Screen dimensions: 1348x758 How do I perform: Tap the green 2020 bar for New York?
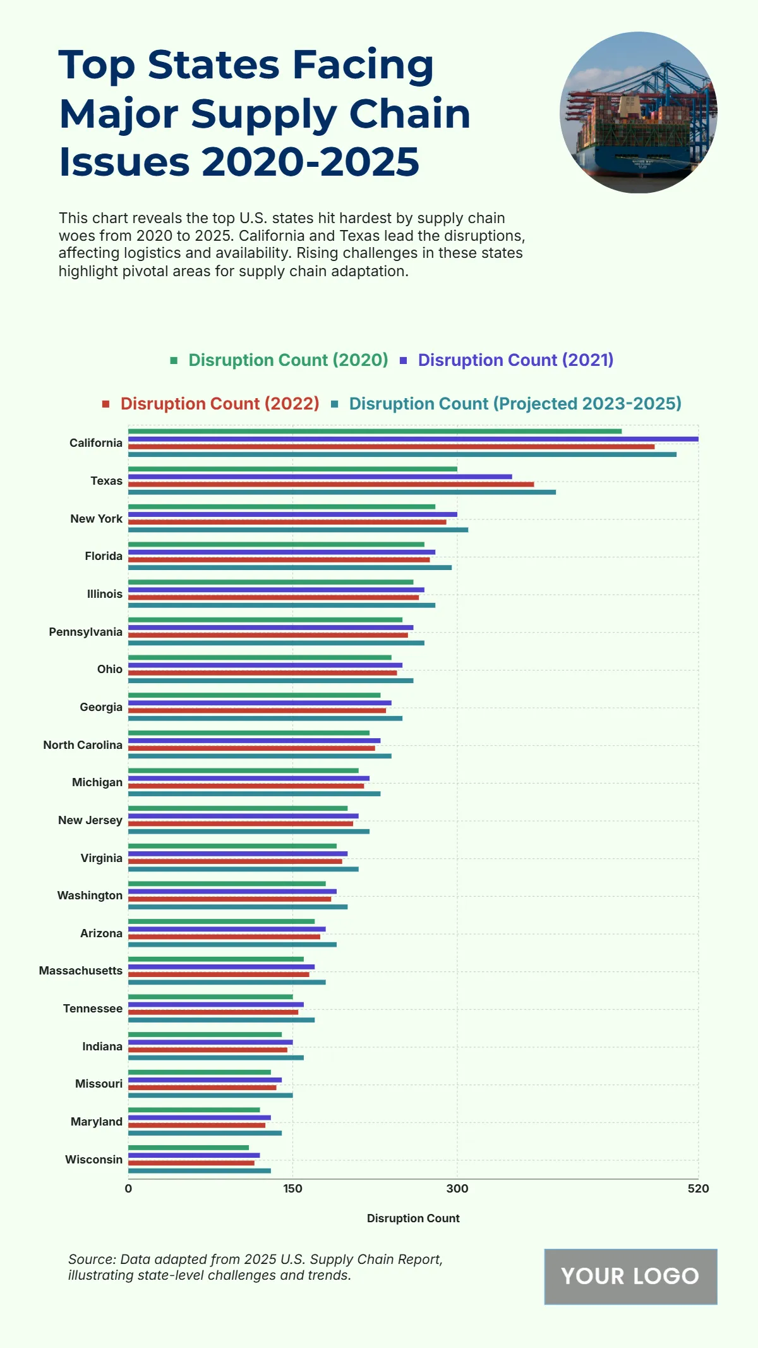click(x=282, y=507)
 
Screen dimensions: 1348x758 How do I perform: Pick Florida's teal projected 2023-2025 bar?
click(x=290, y=568)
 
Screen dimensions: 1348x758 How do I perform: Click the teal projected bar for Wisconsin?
click(x=200, y=1170)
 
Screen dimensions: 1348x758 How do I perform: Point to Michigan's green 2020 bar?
click(x=243, y=770)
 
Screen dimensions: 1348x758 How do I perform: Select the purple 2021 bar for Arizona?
click(x=227, y=929)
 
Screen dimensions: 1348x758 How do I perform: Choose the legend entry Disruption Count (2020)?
click(x=288, y=360)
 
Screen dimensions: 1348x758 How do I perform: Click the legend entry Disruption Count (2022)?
click(x=220, y=404)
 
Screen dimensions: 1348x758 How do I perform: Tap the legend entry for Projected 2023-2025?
click(x=515, y=404)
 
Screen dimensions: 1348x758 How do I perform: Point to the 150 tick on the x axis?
click(x=292, y=1189)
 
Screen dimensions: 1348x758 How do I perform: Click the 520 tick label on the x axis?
click(x=698, y=1189)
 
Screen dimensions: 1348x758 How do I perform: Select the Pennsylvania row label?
click(x=86, y=632)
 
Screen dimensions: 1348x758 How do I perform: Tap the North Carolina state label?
click(x=83, y=745)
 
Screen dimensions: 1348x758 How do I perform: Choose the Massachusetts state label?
click(x=81, y=971)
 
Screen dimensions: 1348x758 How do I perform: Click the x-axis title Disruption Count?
click(x=413, y=1218)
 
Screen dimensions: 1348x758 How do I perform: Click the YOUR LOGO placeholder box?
click(x=630, y=1276)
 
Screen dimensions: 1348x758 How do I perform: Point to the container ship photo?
click(x=639, y=112)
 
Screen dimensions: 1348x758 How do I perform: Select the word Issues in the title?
click(x=124, y=162)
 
